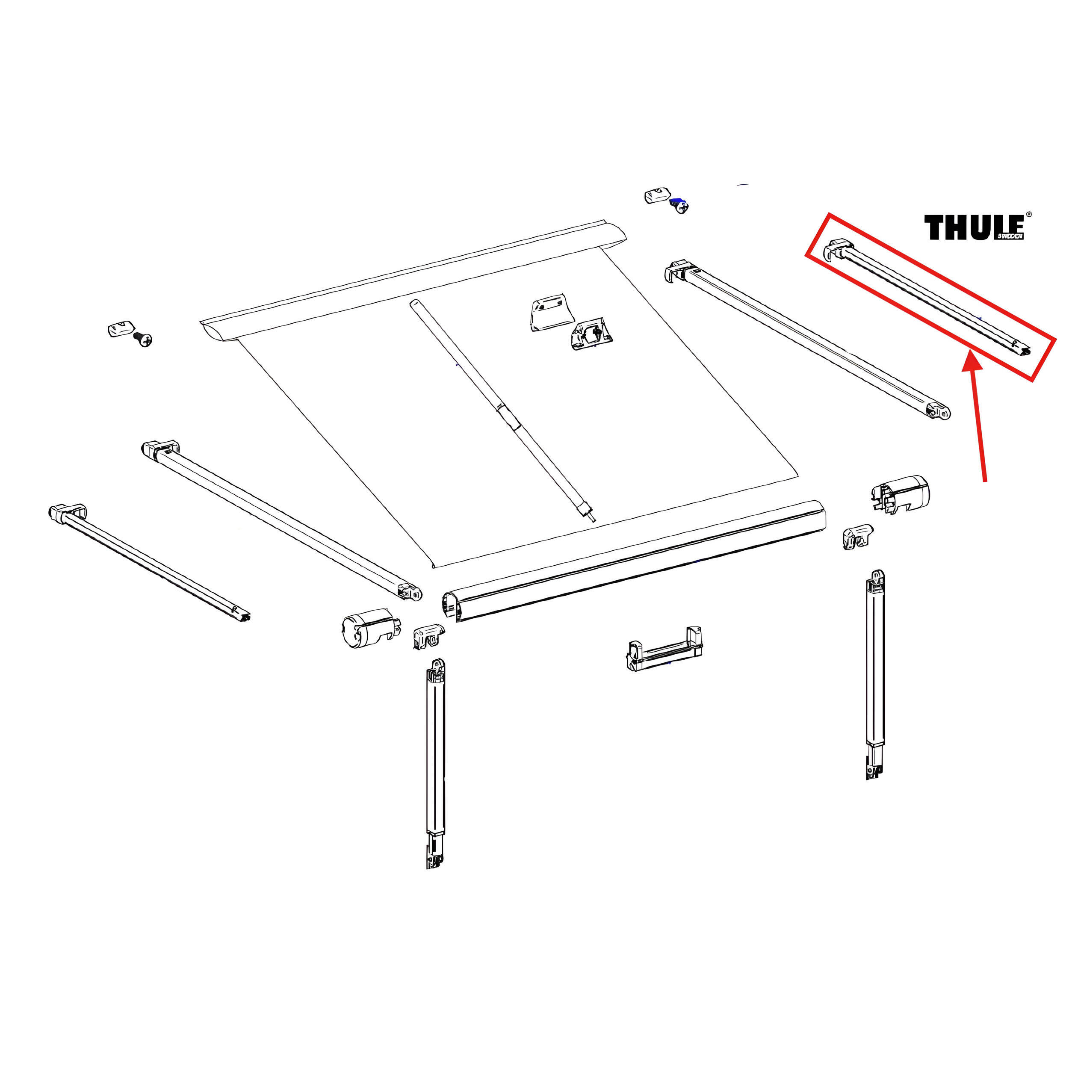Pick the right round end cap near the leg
tap(900, 493)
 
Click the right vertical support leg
tap(875, 675)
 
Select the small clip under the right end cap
tap(856, 536)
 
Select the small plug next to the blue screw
tap(657, 196)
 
